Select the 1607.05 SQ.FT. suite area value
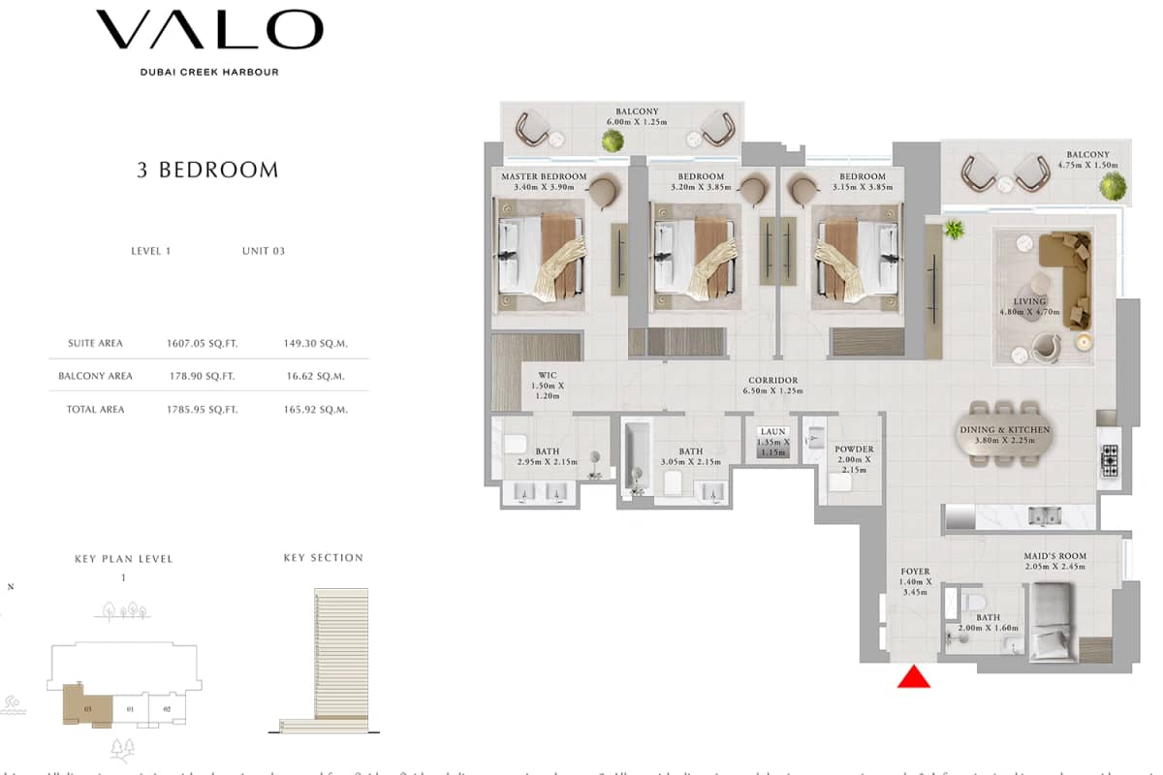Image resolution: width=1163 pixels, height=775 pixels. pyautogui.click(x=202, y=343)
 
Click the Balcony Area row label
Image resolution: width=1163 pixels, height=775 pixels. pyautogui.click(x=95, y=376)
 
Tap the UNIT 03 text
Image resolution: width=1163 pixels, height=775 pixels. pyautogui.click(x=264, y=251)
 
